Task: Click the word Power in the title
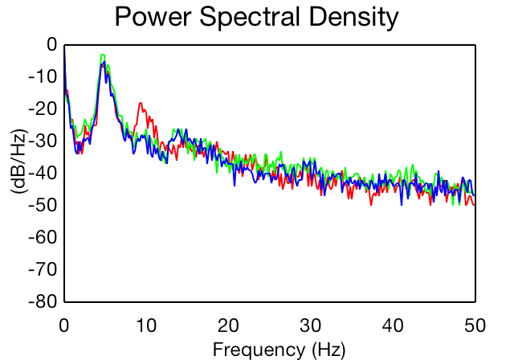[x=153, y=16]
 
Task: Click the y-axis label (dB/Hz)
[x=19, y=162]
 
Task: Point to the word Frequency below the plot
[x=259, y=350]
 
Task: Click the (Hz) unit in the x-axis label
[x=328, y=350]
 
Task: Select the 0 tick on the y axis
[x=51, y=44]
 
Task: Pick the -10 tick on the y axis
[x=43, y=76]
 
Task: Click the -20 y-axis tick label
[x=43, y=108]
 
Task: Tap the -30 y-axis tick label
[x=43, y=141]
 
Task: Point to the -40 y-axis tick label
[x=43, y=173]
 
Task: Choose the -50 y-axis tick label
[x=43, y=205]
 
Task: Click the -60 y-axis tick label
[x=43, y=237]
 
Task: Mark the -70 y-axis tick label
[x=43, y=269]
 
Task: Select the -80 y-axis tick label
[x=43, y=301]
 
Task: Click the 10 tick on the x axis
[x=146, y=326]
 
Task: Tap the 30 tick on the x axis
[x=311, y=326]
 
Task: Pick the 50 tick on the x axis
[x=475, y=326]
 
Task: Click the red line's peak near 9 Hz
[x=141, y=103]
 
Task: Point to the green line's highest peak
[x=103, y=55]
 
